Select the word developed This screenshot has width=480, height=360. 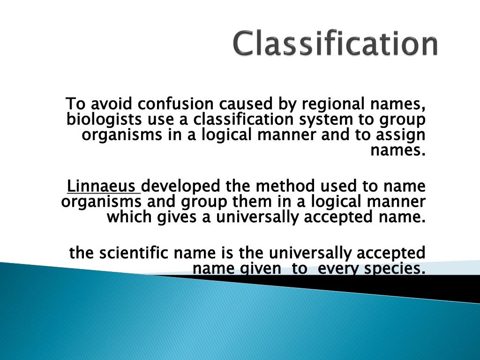(x=181, y=186)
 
